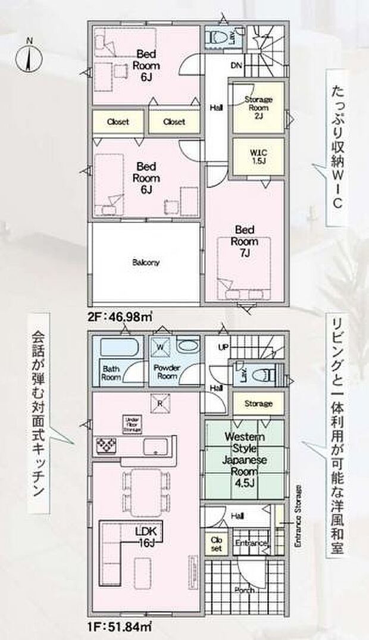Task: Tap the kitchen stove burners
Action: coord(107,445)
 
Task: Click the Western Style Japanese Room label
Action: coord(245,452)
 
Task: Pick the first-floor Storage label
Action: coord(258,404)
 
